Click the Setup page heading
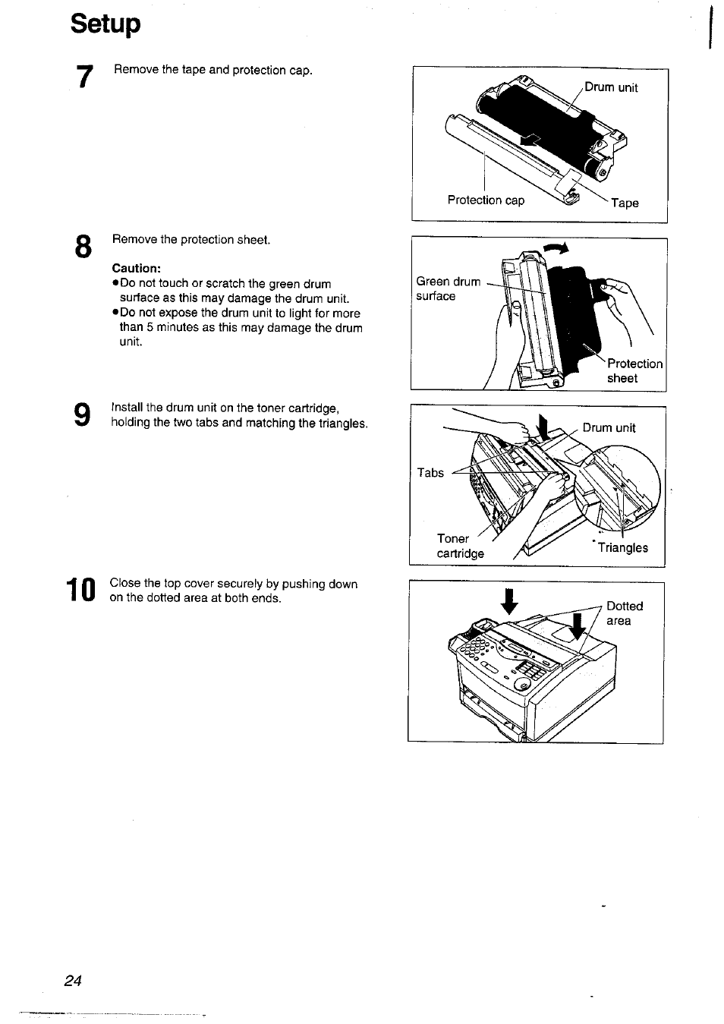[105, 24]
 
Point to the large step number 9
[82, 415]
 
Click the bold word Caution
[137, 268]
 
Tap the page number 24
[73, 980]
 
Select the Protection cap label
[486, 200]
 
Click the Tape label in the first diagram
[625, 203]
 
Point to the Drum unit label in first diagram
[611, 87]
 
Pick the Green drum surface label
[448, 288]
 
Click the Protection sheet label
[634, 371]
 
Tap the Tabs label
[430, 472]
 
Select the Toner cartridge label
[460, 546]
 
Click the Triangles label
[622, 548]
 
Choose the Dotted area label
[624, 613]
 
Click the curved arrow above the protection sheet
[556, 248]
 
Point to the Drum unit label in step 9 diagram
[609, 427]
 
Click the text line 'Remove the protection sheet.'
[191, 240]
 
